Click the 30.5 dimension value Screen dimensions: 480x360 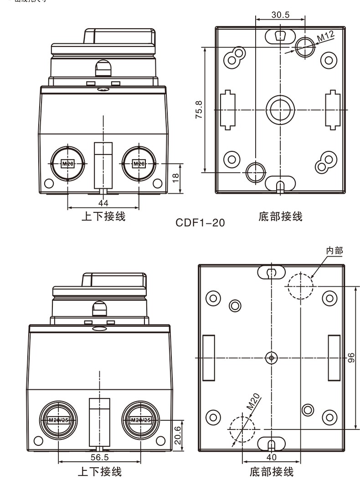pos(280,15)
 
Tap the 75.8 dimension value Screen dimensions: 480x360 pos(199,109)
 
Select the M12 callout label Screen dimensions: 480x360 pos(325,36)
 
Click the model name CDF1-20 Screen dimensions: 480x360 pos(200,223)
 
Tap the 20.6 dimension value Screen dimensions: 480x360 pos(178,433)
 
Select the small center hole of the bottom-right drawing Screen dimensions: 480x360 pos(272,358)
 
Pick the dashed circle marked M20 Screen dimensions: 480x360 pos(243,428)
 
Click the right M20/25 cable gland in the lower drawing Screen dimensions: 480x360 pos(140,419)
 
